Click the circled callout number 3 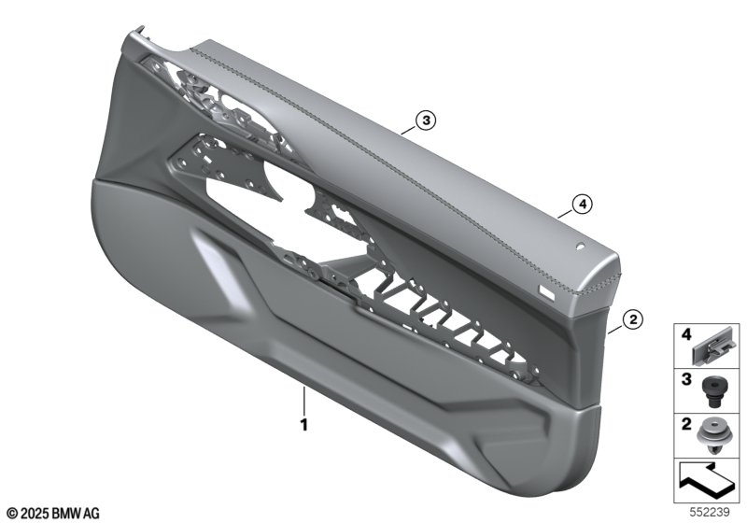tap(426, 120)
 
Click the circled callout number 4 tap(582, 205)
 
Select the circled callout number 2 tap(633, 319)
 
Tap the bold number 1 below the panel tap(304, 424)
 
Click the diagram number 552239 tap(710, 512)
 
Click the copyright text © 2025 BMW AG tap(54, 514)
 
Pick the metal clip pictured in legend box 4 tap(711, 348)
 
